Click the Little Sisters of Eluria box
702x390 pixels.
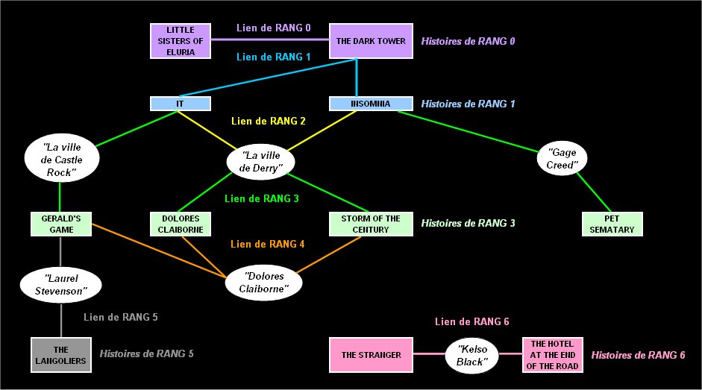[181, 40]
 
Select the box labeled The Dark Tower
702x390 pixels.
[371, 40]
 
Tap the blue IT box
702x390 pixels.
[180, 104]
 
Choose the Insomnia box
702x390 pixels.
[371, 104]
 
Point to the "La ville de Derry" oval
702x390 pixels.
[261, 162]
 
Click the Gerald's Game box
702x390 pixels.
[60, 224]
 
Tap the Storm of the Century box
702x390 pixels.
[371, 224]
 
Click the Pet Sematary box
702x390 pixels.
[612, 224]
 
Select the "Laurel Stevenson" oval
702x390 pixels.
[60, 285]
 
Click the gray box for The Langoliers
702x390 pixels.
[60, 355]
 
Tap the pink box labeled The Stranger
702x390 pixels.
[371, 355]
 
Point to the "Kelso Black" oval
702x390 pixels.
[471, 355]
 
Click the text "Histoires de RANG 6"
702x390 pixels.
[638, 356]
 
